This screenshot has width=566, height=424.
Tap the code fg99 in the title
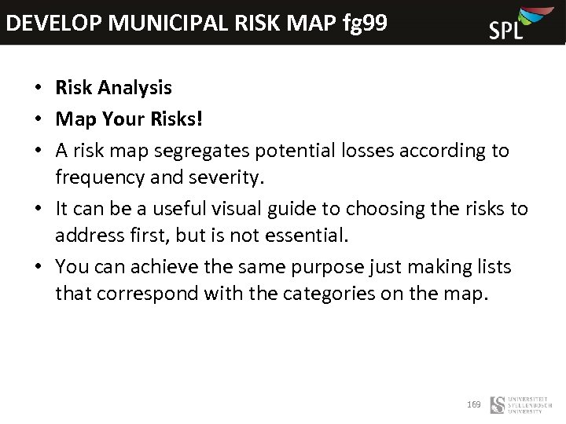(x=365, y=23)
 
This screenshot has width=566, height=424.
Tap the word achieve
(x=163, y=267)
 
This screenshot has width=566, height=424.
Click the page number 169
(x=474, y=404)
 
